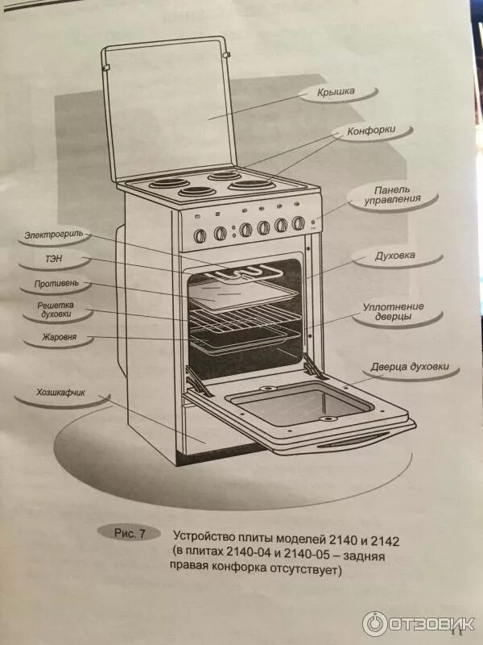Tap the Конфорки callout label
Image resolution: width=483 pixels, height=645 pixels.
click(x=371, y=129)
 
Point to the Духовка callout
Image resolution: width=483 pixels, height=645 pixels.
click(x=395, y=256)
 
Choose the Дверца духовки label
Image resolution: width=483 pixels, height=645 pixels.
click(x=415, y=368)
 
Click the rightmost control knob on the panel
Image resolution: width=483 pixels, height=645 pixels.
click(x=299, y=223)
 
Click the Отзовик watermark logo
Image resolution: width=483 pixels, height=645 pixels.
click(x=419, y=623)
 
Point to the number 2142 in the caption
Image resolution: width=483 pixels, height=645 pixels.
click(x=384, y=536)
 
